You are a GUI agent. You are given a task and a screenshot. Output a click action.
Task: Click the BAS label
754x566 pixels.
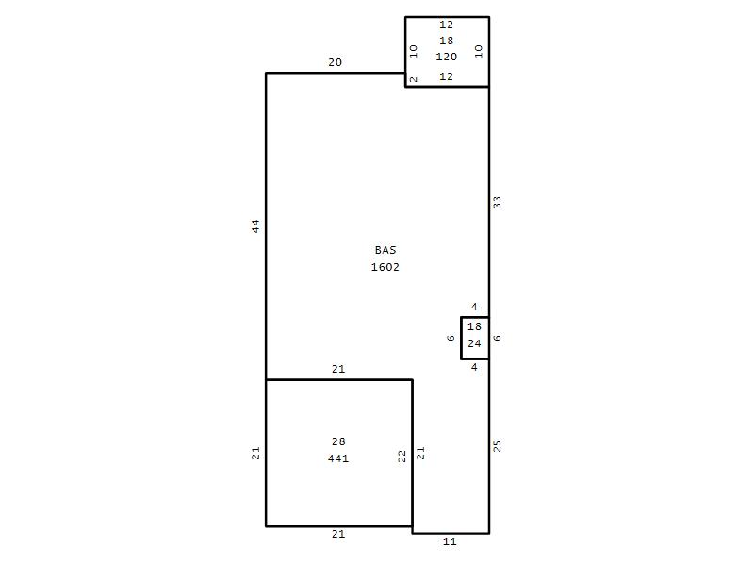(385, 250)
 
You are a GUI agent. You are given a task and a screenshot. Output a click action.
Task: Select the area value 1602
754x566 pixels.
(385, 267)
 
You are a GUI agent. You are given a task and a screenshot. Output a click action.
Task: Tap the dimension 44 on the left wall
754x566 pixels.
(255, 225)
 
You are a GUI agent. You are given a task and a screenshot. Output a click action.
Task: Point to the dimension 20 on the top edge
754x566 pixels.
(336, 62)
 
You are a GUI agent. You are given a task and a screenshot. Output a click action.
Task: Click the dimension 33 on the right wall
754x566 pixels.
(497, 202)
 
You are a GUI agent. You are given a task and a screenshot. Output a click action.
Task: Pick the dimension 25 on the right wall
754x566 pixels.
(497, 446)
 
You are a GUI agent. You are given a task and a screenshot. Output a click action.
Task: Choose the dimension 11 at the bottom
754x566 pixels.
(450, 541)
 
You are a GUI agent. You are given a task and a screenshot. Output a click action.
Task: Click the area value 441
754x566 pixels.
(338, 458)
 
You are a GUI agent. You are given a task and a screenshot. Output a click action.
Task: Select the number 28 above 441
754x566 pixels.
(338, 441)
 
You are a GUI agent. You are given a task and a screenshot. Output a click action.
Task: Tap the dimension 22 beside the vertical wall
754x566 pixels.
(402, 456)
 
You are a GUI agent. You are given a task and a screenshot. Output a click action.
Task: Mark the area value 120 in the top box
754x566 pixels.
(446, 57)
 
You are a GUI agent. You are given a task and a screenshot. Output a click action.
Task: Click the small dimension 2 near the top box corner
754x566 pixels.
(413, 79)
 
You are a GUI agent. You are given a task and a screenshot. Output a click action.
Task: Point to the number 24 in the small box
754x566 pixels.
(474, 343)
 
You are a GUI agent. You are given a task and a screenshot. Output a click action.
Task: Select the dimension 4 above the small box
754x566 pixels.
(474, 307)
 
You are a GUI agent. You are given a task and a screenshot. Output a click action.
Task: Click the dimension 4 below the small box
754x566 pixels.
(474, 367)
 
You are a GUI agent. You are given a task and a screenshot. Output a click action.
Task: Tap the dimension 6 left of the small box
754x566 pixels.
(451, 338)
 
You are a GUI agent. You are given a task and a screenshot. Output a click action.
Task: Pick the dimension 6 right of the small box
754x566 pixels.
(498, 338)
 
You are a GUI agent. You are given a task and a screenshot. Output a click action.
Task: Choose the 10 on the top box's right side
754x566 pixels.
(479, 51)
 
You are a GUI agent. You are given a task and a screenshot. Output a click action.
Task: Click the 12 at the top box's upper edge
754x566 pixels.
(446, 25)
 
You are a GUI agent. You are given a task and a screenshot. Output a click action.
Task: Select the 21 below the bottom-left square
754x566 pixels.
(338, 534)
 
